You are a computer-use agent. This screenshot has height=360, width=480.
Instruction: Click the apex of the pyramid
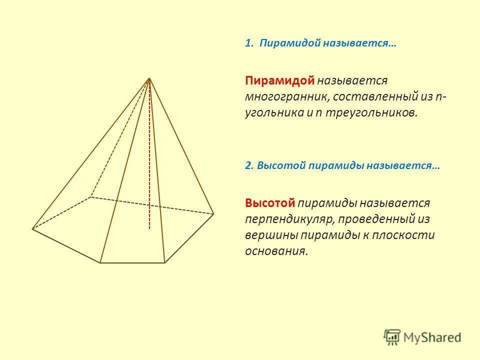[149, 78]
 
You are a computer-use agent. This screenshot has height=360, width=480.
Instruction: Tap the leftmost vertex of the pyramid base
[32, 229]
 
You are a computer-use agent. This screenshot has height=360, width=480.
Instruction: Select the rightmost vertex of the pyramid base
[213, 214]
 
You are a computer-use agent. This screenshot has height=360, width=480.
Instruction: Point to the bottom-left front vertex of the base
[100, 262]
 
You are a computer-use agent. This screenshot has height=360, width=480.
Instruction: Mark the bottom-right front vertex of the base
[164, 262]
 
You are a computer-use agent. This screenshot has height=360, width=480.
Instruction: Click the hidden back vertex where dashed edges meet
[90, 197]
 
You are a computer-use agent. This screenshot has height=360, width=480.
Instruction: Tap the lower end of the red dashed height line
[149, 228]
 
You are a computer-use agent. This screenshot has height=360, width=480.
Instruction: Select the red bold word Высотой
[270, 203]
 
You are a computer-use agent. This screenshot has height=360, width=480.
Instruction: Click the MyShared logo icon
[392, 337]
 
